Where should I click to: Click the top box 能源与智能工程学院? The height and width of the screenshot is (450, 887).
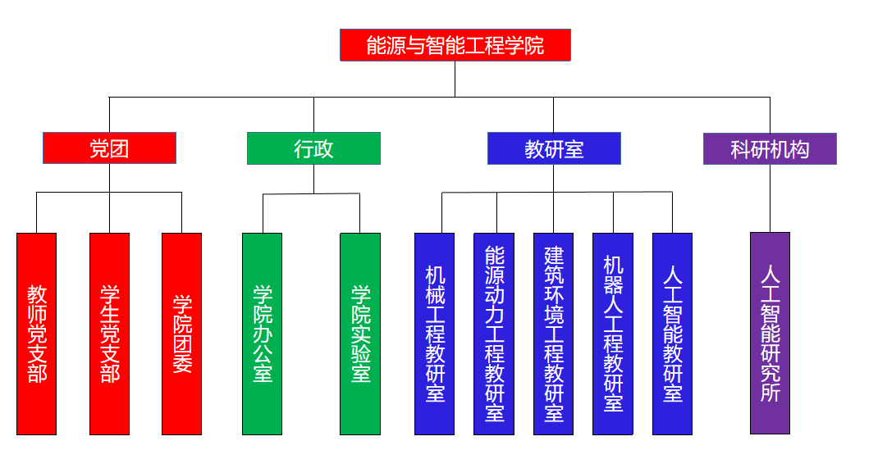coord(455,45)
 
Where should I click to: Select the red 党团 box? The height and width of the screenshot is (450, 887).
coord(109,148)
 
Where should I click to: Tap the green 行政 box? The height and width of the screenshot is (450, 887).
coord(313,148)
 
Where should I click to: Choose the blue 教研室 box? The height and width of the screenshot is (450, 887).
coord(554,148)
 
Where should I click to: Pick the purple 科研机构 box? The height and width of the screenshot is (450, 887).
coord(770,148)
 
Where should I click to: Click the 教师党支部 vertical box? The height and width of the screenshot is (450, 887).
coord(37,334)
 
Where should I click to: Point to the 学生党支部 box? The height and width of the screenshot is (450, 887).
coord(109,334)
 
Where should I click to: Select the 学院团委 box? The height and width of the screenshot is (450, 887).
coord(181,334)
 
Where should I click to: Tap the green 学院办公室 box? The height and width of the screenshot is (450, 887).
coord(262,334)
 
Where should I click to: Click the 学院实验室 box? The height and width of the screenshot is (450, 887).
coord(360,334)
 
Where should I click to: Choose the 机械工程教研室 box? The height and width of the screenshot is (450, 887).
coord(434,334)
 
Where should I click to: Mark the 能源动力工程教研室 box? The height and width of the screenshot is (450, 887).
coord(494,334)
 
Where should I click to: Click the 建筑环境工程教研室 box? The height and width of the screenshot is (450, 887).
coord(553,334)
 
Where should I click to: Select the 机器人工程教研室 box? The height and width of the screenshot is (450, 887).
coord(613,334)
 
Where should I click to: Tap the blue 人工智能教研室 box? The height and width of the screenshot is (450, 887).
coord(672,334)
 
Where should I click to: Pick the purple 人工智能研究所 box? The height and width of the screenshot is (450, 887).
coord(770,333)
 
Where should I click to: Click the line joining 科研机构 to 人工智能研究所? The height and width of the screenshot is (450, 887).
coord(770,198)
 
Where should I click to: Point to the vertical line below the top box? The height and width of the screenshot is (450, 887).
coord(455,79)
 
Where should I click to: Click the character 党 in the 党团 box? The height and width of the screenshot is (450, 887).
coord(99,148)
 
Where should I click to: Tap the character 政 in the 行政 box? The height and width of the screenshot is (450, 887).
coord(323,148)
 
